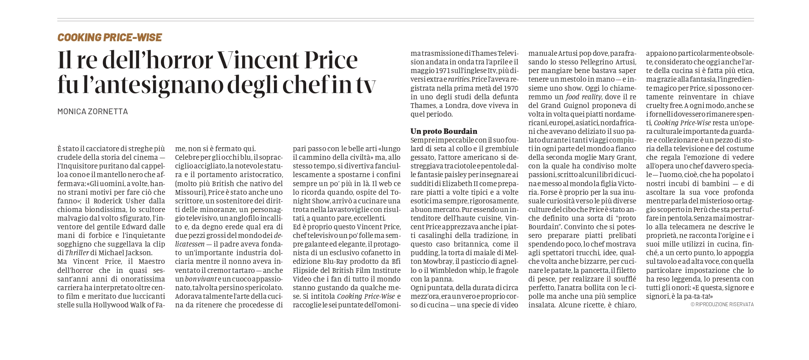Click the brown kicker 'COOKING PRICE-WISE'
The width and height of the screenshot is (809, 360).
(110, 37)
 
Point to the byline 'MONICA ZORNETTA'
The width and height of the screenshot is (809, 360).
(93, 111)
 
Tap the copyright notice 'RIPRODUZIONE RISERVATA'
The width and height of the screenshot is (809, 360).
(724, 304)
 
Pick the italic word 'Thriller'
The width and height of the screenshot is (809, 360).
(77, 253)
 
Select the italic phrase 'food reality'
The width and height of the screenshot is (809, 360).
(583, 97)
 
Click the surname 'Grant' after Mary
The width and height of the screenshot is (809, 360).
(626, 157)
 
